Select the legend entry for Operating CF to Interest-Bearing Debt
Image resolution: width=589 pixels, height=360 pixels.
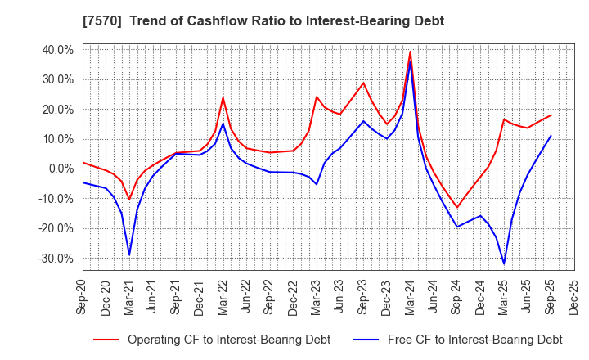tap(212, 339)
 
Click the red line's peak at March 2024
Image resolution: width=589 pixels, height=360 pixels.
tap(410, 52)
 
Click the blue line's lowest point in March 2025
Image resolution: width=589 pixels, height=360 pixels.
tap(504, 263)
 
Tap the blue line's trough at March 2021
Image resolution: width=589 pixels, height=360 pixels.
tap(129, 255)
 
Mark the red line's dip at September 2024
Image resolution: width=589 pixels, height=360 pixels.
tap(457, 207)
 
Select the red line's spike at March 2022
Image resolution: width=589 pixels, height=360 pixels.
tap(223, 97)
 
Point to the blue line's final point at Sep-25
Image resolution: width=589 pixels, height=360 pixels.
tap(551, 136)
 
